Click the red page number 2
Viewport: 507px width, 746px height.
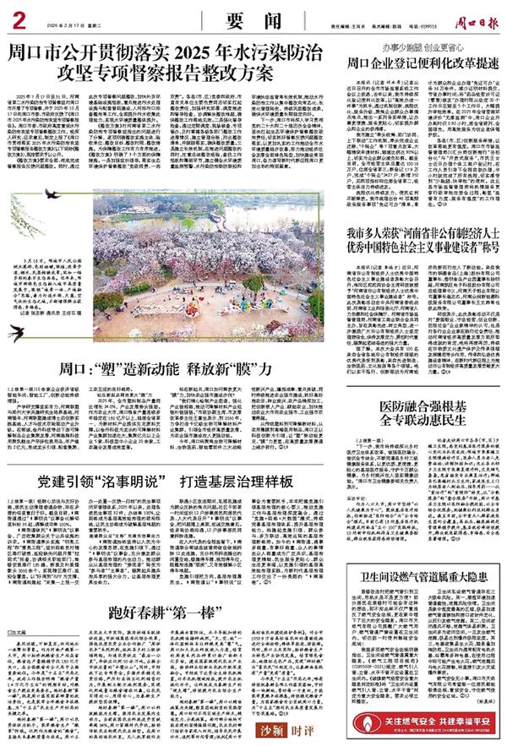click(16, 14)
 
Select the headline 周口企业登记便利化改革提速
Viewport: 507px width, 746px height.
click(415, 62)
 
